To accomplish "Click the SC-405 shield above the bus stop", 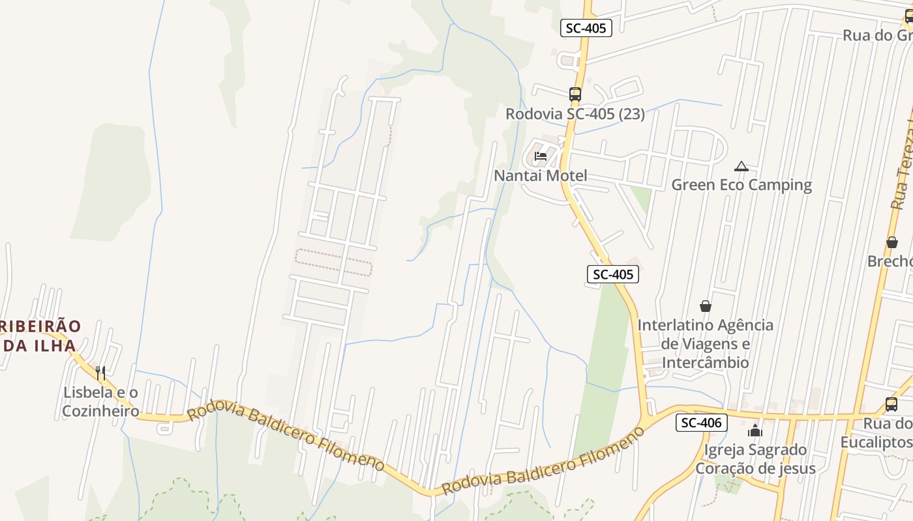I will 586,28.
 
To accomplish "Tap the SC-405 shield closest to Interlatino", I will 612,274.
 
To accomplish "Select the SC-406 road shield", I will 701,423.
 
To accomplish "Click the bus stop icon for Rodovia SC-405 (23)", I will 575,94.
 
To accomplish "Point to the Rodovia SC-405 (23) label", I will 575,114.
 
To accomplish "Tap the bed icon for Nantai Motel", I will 540,156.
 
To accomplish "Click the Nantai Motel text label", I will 540,175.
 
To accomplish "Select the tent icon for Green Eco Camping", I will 741,167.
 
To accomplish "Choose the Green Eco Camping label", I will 741,185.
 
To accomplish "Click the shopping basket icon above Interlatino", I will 705,305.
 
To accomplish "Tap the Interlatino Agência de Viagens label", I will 705,343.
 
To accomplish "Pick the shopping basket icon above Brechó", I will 891,242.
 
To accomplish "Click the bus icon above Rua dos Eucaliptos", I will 891,404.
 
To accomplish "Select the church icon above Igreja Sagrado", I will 755,430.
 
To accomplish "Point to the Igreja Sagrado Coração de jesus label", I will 755,458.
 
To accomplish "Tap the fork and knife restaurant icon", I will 100,373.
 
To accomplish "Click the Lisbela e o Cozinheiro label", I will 100,401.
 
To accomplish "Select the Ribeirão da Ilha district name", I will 39,335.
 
